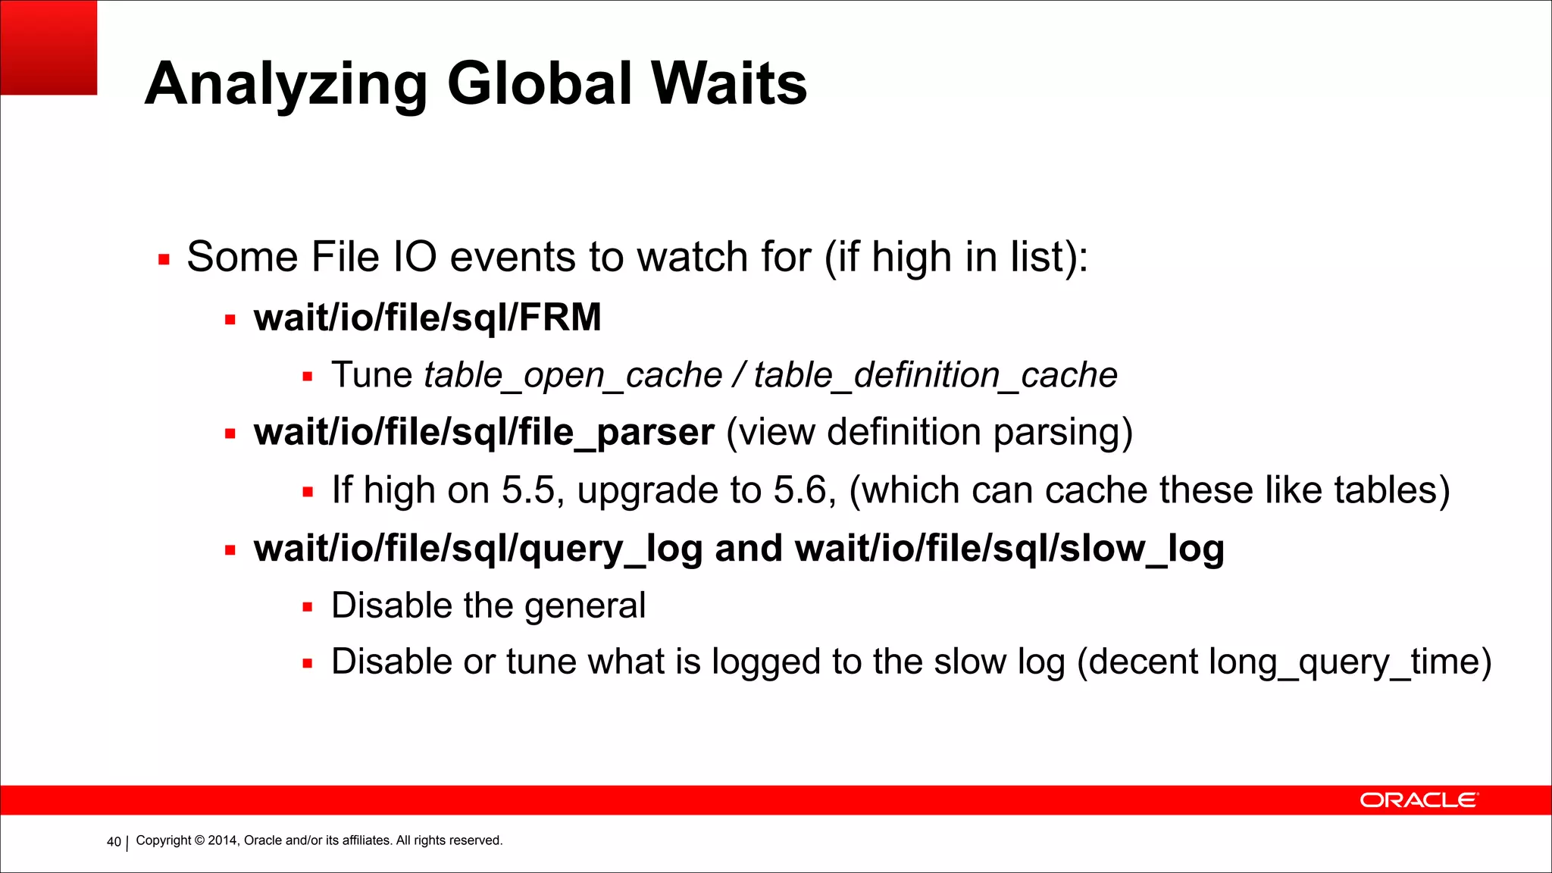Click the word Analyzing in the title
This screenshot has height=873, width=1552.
286,85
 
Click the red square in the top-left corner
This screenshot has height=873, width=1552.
48,47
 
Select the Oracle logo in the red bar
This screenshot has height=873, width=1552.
1418,800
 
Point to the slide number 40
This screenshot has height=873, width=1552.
114,842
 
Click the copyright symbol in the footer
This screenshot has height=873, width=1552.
200,840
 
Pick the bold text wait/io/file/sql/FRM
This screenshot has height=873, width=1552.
427,318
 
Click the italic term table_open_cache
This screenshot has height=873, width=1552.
573,376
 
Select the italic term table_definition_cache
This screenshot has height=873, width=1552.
935,376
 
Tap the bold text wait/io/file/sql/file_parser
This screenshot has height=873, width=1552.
484,433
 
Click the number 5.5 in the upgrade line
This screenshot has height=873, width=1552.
528,490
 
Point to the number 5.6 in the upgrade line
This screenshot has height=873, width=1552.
804,490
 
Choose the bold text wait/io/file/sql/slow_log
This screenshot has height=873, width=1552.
1009,549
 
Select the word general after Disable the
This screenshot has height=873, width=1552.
584,606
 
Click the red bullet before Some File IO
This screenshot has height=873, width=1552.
164,260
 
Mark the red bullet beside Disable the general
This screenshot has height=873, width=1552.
307,607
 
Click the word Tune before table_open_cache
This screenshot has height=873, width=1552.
371,376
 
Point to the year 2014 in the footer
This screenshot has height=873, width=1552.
223,840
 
